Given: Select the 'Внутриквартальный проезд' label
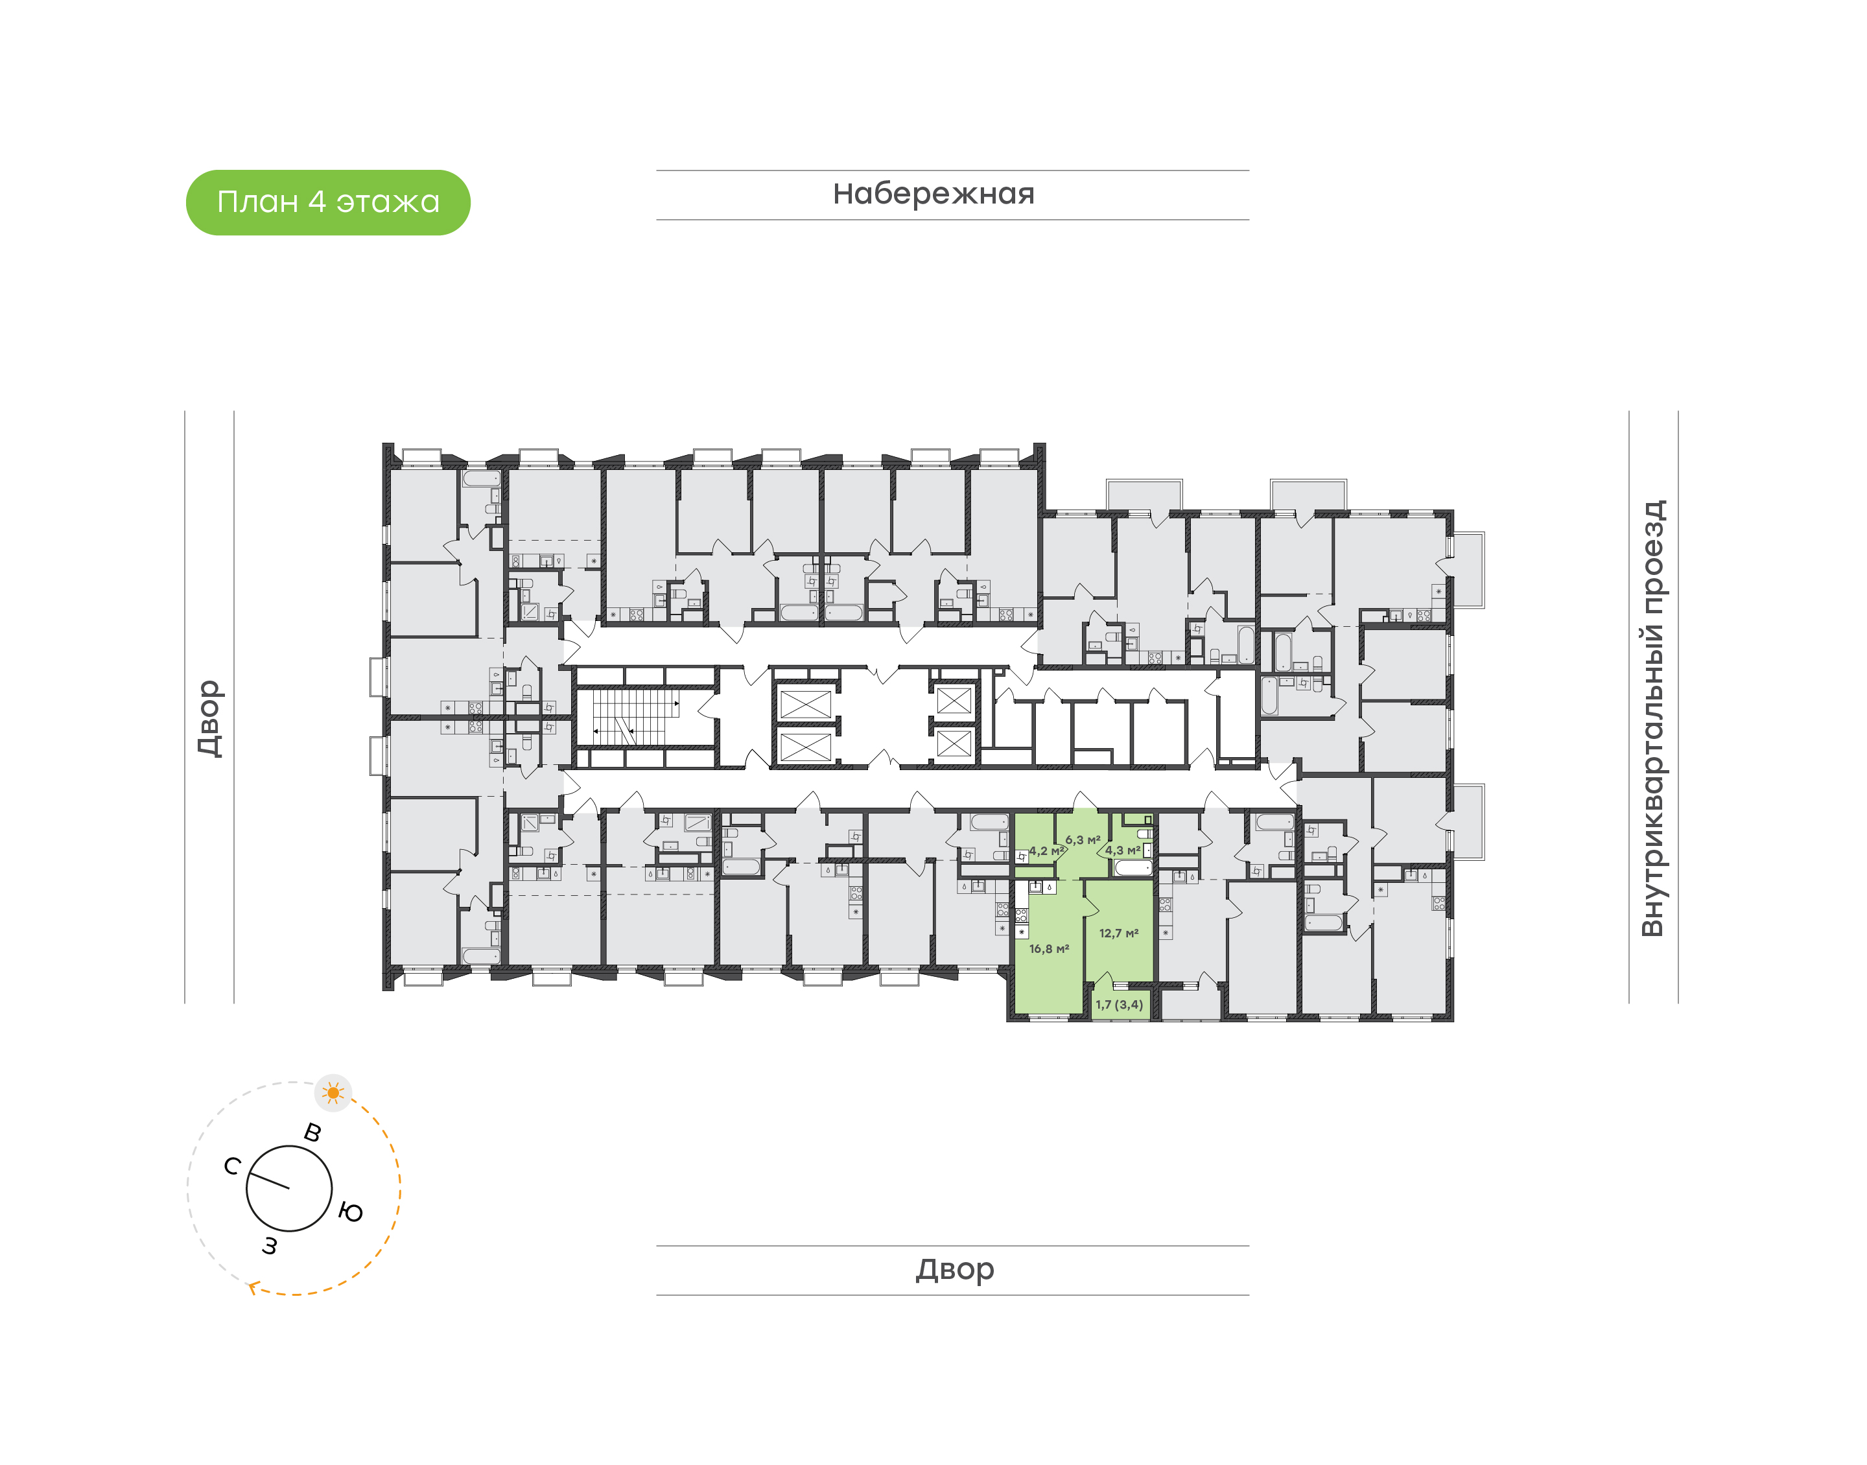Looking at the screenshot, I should pos(1652,719).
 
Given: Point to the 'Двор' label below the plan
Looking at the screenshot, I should pos(954,1269).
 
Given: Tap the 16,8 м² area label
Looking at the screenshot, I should pos(1049,948).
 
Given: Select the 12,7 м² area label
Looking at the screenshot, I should pos(1118,933).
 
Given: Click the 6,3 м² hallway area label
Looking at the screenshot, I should pos(1083,839).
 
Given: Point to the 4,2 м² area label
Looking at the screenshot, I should pos(1046,851).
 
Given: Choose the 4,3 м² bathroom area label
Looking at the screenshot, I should pos(1121,850).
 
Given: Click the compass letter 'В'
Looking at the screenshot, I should pos(313,1132).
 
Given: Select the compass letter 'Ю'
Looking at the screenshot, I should pos(350,1212).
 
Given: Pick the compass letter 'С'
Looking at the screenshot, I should pos(231,1166).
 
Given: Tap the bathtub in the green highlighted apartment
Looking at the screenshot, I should pos(1133,868).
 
